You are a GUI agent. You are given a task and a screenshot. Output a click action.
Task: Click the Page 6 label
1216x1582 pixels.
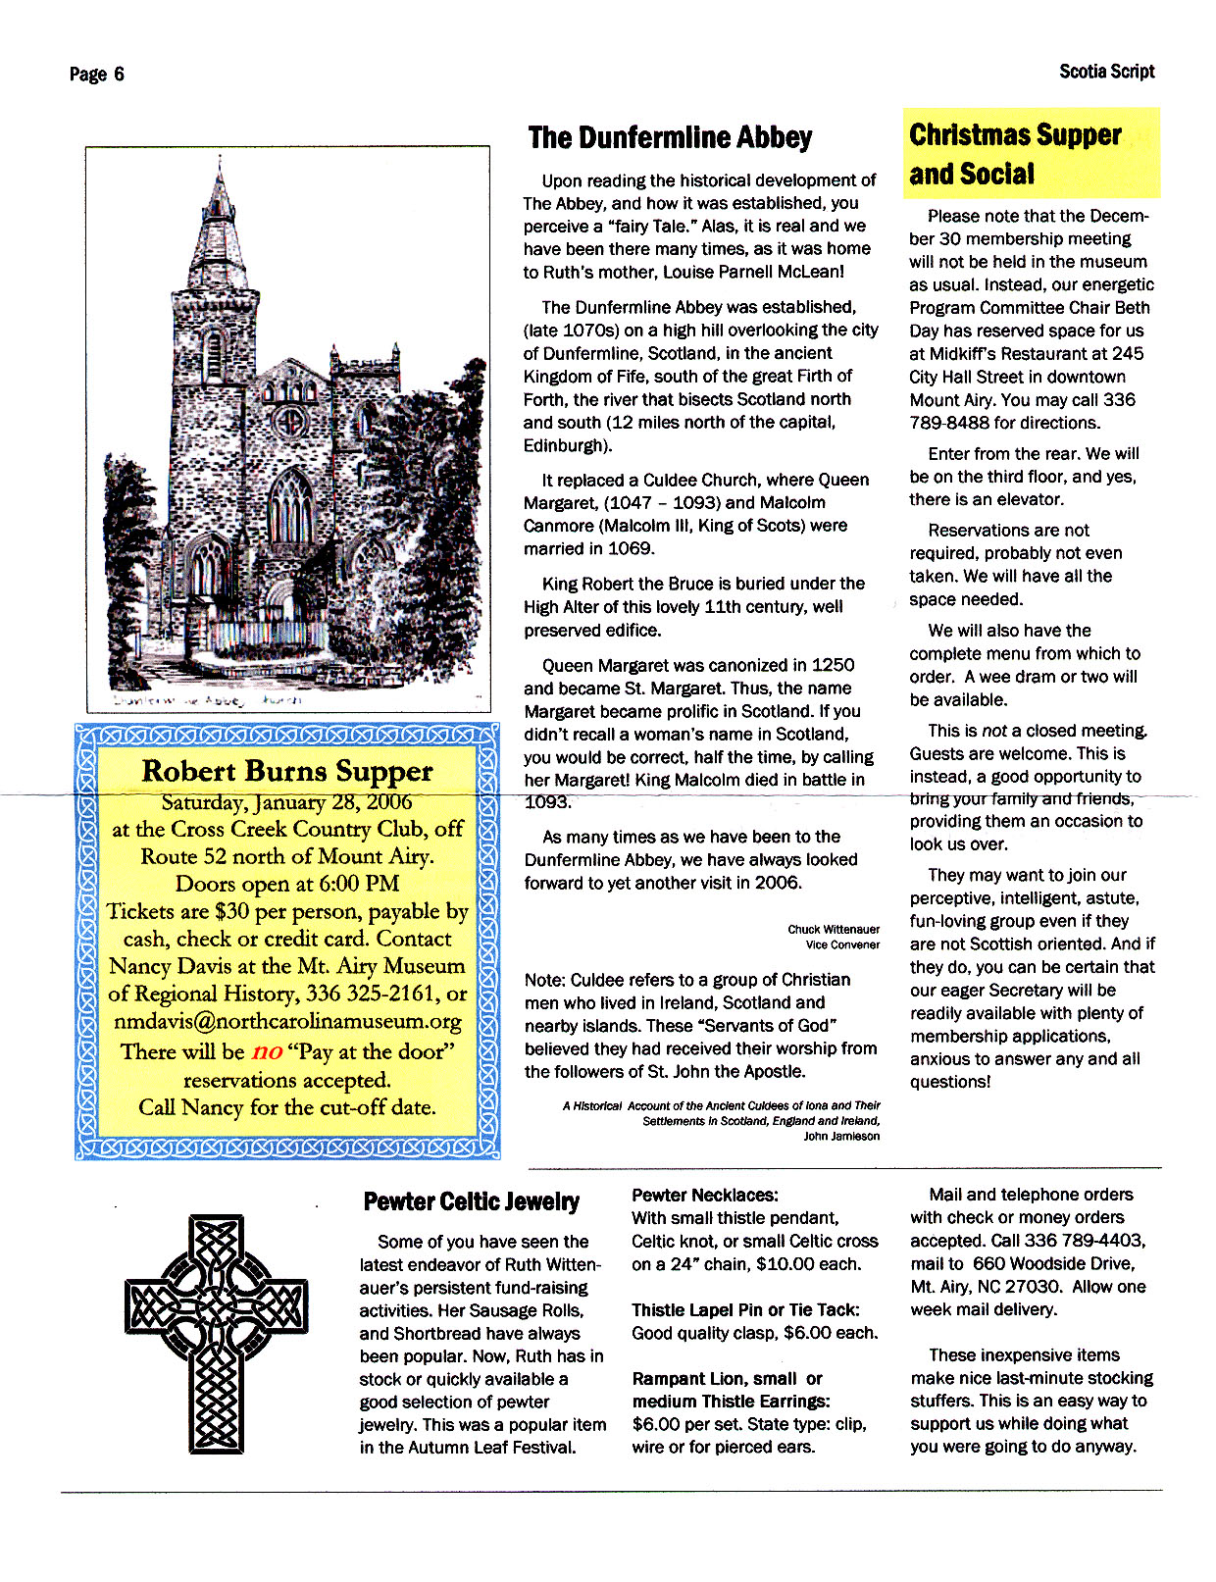point(96,75)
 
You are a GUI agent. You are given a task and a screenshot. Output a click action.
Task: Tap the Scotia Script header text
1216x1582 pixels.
point(1106,72)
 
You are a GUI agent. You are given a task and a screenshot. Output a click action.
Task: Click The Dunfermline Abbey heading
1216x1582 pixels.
point(670,137)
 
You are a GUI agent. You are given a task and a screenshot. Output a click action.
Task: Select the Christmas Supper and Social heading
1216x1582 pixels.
point(1015,154)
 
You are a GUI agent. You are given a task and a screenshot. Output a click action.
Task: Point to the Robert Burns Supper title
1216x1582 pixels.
point(286,771)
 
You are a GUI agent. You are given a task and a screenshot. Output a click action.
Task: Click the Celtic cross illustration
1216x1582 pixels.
point(216,1333)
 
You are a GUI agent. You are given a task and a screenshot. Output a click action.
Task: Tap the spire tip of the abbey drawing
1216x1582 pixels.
point(221,160)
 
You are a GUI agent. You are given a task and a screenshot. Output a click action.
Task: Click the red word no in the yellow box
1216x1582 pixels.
point(267,1052)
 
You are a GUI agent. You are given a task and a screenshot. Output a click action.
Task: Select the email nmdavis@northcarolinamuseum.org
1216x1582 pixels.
point(287,1021)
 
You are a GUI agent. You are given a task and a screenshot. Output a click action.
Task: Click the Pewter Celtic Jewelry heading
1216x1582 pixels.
point(471,1202)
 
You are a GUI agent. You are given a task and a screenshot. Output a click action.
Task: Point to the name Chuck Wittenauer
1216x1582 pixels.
point(833,930)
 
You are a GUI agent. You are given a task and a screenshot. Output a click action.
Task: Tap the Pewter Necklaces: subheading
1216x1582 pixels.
point(704,1196)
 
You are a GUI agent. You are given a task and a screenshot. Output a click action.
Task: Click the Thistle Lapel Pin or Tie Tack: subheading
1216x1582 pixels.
point(745,1310)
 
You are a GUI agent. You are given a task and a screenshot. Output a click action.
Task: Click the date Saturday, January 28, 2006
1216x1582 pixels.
point(286,802)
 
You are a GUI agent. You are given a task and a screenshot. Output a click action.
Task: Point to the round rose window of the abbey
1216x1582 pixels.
point(290,423)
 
